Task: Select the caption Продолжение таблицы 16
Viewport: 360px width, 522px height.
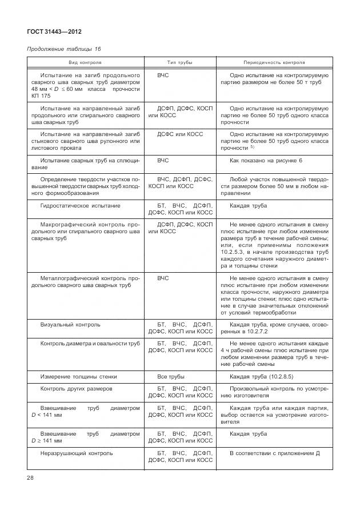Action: coord(64,49)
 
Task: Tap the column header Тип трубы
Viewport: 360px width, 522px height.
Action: coord(179,62)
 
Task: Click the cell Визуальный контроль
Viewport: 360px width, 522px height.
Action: coord(70,324)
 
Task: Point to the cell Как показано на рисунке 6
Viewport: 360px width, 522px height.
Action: coord(266,161)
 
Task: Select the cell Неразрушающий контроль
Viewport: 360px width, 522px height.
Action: coord(77,453)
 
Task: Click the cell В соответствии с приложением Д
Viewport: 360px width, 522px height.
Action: coord(274,453)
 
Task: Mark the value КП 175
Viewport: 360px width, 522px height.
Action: coord(41,95)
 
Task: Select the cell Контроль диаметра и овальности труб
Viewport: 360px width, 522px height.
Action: coord(90,344)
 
